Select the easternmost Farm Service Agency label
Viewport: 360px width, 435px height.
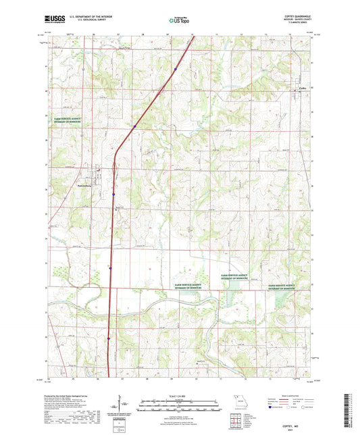282,287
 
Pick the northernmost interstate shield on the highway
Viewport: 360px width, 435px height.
174,68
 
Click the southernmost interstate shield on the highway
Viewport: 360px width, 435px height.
108,338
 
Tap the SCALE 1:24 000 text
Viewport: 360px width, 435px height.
179,395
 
